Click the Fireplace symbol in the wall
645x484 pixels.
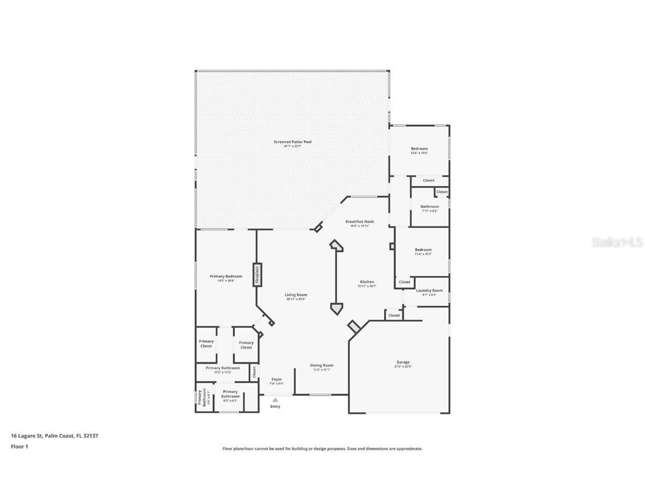click(257, 275)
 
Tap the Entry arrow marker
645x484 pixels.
click(275, 400)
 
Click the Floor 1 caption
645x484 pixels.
click(19, 446)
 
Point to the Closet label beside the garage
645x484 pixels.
click(394, 315)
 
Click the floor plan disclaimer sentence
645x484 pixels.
click(322, 449)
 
